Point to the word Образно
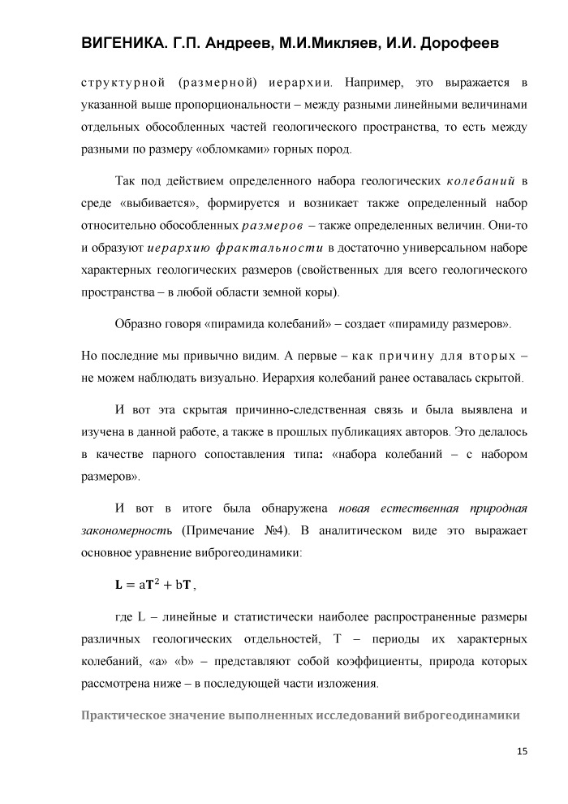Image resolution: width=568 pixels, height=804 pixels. pos(140,325)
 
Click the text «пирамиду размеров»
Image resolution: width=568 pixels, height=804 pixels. pos(451,325)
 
